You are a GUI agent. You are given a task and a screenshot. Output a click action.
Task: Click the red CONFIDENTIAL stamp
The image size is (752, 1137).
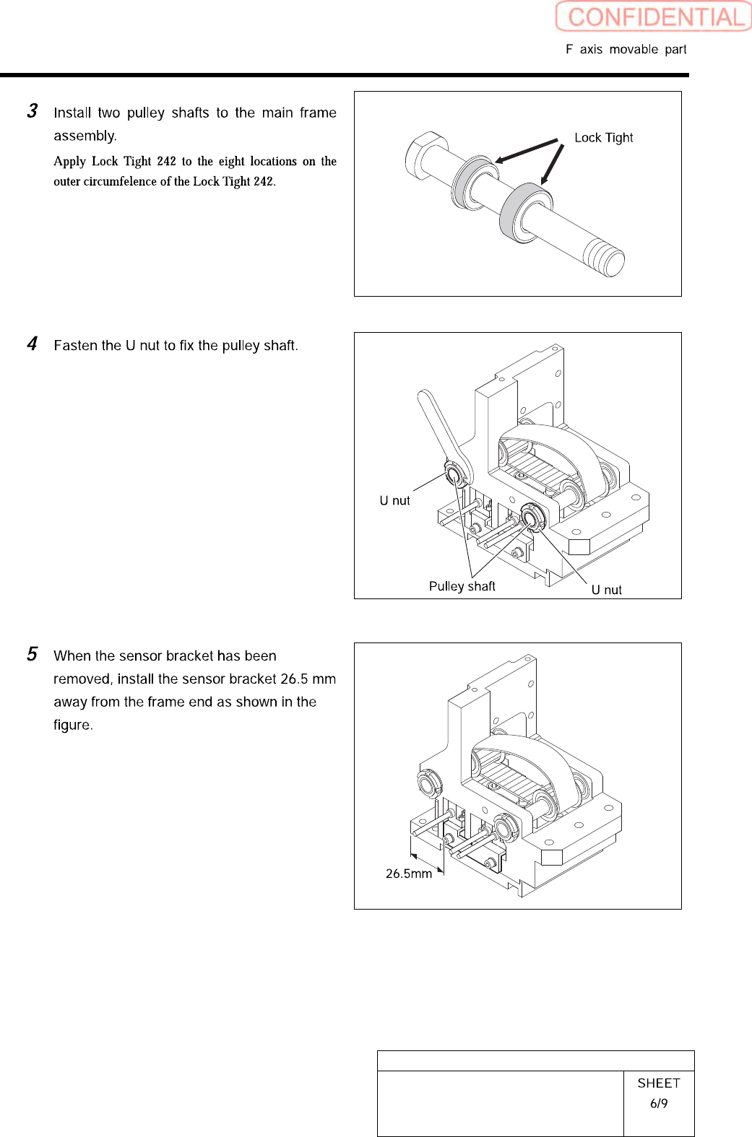[x=654, y=17]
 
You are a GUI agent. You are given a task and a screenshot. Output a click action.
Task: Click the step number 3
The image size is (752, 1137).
[x=33, y=111]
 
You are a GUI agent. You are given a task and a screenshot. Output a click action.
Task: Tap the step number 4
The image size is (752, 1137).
[x=33, y=344]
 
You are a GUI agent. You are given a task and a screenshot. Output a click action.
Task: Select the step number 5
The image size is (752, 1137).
[x=33, y=654]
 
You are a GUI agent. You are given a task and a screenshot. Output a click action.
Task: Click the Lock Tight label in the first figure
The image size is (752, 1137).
[x=603, y=138]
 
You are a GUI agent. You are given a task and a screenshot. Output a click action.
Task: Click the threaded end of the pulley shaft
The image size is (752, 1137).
[x=604, y=257]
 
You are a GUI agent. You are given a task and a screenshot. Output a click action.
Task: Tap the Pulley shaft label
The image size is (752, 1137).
[x=462, y=586]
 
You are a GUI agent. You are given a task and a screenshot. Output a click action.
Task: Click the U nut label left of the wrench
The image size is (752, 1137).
[x=394, y=501]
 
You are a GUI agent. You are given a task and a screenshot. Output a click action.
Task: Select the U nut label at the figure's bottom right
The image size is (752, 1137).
[x=606, y=590]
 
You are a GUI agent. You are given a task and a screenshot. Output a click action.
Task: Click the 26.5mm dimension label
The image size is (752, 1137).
[x=408, y=874]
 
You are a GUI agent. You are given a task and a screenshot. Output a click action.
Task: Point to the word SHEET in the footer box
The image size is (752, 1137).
[x=658, y=1083]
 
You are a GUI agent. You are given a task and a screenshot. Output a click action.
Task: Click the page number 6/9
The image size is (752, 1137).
[x=658, y=1103]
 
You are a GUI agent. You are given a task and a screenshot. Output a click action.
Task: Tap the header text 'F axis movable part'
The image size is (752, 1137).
[x=626, y=49]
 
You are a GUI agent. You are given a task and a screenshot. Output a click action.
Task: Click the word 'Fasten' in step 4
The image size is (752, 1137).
[x=75, y=346]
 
